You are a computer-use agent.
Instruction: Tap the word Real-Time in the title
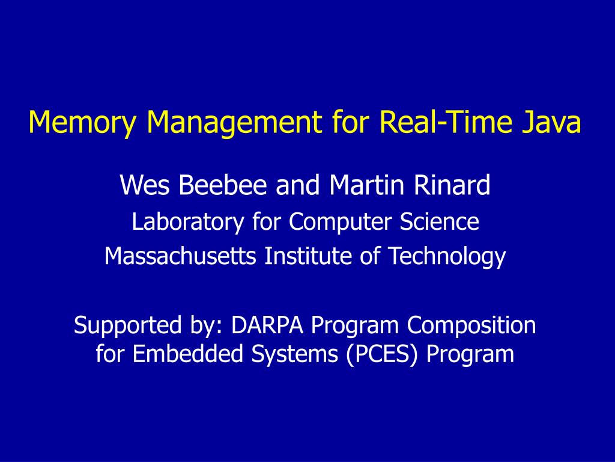pyautogui.click(x=446, y=122)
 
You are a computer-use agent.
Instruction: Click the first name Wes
pyautogui.click(x=145, y=185)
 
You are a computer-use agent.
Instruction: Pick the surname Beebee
pyautogui.click(x=223, y=185)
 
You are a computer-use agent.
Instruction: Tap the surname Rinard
pyautogui.click(x=452, y=185)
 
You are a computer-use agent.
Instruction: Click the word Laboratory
pyautogui.click(x=188, y=222)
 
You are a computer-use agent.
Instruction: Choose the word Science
pyautogui.click(x=439, y=221)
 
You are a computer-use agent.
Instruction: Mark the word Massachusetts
pyautogui.click(x=180, y=256)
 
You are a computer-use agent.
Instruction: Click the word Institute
pyautogui.click(x=308, y=256)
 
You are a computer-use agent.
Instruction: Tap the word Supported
pyautogui.click(x=127, y=326)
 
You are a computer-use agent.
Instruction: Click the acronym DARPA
pyautogui.click(x=267, y=325)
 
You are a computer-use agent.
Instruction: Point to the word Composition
pyautogui.click(x=471, y=326)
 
